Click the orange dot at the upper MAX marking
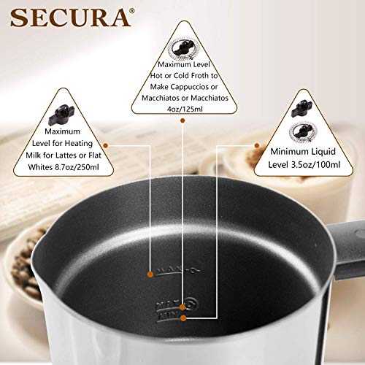[150, 274]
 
